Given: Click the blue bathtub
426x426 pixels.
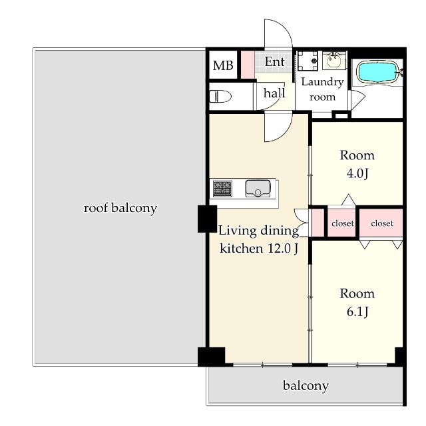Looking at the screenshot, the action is [377, 72].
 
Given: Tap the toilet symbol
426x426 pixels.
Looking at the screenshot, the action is [220, 96].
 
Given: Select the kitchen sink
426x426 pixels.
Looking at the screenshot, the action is [258, 188].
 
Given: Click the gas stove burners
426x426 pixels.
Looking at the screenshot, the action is [222, 188].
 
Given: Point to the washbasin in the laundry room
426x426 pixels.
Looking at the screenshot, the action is [334, 60].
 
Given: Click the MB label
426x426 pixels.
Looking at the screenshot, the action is [223, 65].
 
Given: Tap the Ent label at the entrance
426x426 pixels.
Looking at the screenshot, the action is [274, 62].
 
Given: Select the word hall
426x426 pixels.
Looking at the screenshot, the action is [274, 93].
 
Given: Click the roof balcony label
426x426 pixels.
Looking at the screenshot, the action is [120, 209].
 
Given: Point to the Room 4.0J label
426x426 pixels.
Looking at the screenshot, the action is [357, 164].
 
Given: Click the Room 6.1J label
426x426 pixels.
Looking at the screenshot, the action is [357, 302].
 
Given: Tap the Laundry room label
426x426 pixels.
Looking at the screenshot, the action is [322, 89].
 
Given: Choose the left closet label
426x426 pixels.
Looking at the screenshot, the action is [343, 223].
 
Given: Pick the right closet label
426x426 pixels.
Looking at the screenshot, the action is [382, 223].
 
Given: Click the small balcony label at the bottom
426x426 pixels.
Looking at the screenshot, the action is [306, 386].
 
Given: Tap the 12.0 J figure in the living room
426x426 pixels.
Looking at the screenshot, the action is [284, 249].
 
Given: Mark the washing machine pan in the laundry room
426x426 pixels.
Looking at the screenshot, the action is [308, 61].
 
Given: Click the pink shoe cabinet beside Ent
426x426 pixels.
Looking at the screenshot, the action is [248, 65].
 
